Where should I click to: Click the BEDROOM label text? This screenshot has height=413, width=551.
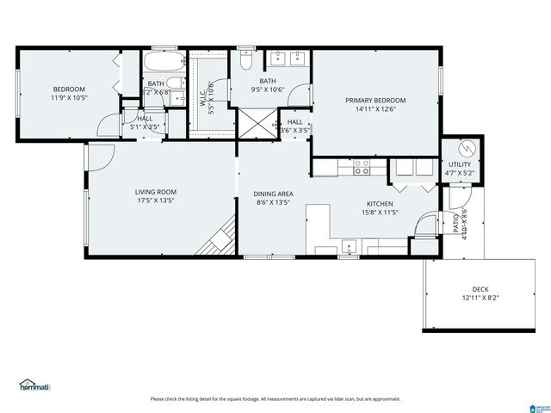tap(69, 89)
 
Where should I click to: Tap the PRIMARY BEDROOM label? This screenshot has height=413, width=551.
tap(375, 100)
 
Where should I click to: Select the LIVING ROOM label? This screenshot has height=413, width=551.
tap(155, 192)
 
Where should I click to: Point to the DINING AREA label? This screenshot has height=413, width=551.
tap(273, 194)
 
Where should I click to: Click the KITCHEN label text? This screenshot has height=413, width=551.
tap(380, 203)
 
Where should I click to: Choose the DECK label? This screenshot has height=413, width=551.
tap(480, 289)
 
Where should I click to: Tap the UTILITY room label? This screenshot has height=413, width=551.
tap(459, 163)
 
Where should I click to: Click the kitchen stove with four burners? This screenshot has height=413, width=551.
tap(362, 167)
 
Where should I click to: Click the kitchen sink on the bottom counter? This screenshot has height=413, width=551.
tap(349, 250)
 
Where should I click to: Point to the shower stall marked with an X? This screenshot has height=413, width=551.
tap(255, 123)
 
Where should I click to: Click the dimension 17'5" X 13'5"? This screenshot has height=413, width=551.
tap(155, 202)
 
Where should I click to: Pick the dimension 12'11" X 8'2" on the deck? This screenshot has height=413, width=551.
tap(480, 299)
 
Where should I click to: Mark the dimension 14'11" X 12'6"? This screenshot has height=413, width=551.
tap(375, 109)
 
